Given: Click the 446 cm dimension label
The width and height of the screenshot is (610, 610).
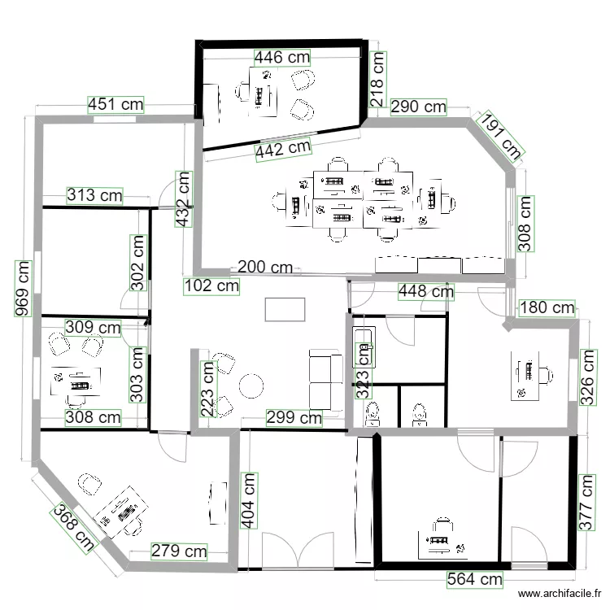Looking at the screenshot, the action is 282,58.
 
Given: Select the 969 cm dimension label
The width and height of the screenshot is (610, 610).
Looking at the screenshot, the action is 23,289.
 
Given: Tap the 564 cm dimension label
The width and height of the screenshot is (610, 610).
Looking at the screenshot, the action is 475,579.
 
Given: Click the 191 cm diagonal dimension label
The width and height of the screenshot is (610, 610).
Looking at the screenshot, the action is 501,134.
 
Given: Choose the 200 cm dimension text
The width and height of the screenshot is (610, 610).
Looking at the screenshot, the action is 265,268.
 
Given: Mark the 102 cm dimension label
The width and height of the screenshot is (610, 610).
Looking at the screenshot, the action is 211,286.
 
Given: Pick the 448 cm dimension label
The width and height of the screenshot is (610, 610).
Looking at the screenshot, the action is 426,291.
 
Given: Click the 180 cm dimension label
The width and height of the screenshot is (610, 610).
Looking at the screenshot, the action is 547,307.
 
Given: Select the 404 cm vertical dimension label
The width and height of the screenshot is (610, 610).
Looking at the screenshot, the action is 249,501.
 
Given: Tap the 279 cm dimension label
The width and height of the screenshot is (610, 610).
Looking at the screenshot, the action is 179,551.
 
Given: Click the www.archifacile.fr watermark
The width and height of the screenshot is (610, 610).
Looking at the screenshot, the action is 560,593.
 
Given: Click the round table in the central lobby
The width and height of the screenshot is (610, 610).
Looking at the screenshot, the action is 251,386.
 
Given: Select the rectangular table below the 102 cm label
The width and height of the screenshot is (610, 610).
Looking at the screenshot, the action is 285,310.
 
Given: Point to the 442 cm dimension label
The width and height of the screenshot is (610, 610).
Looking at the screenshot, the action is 283,149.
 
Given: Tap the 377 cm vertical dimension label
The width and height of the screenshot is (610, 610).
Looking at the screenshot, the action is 586,503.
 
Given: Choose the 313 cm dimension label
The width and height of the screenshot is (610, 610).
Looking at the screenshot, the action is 94,195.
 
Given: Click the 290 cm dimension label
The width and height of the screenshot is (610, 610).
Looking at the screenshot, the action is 418,107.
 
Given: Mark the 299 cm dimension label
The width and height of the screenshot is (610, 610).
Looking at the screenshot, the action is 294,418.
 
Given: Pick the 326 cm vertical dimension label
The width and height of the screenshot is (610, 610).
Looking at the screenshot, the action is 588,377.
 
